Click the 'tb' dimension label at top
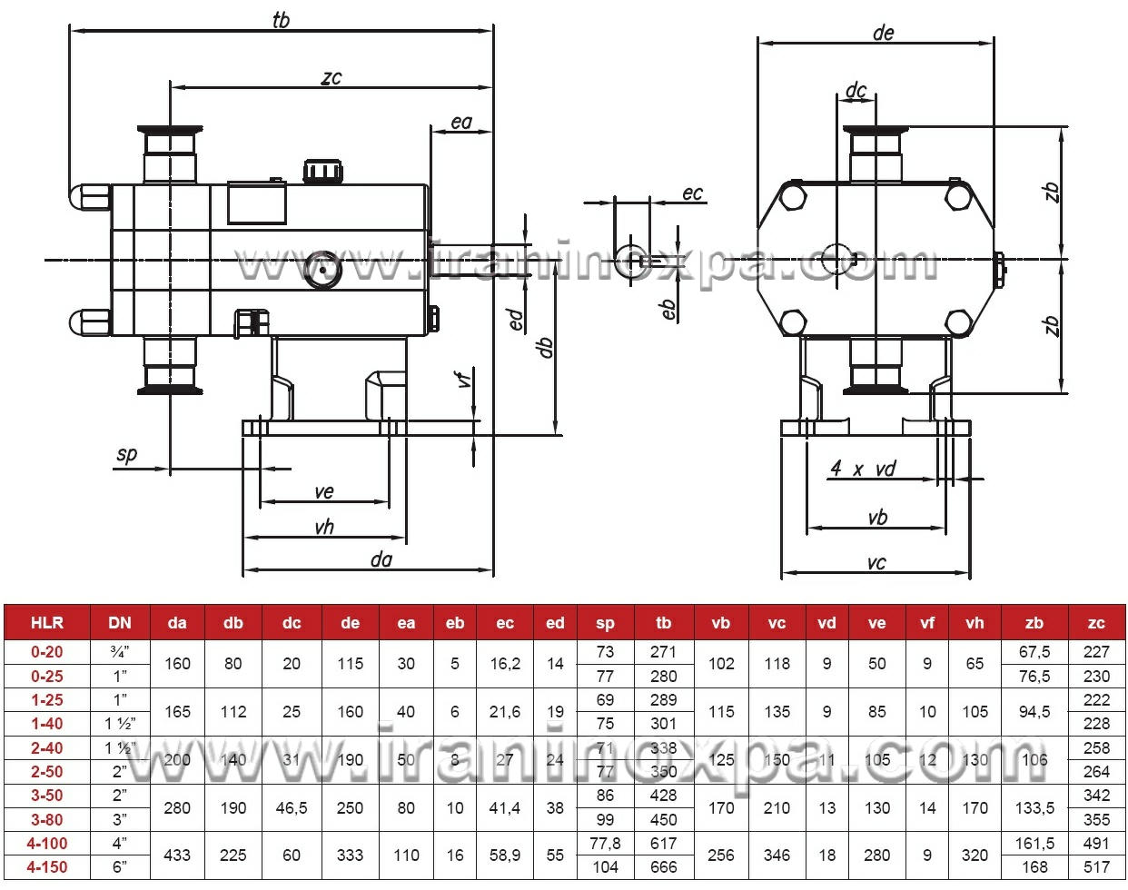[281, 20]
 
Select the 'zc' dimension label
[331, 77]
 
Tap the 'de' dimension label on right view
[883, 33]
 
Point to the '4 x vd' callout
[863, 469]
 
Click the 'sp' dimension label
[127, 454]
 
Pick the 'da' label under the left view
[381, 559]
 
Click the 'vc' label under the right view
[876, 562]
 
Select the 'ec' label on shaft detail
[692, 193]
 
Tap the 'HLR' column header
[47, 623]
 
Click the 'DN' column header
[120, 623]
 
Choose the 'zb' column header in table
[1034, 623]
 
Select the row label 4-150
[47, 867]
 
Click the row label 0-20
[47, 652]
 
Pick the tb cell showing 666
[663, 867]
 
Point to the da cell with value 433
[177, 855]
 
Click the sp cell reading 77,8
[605, 844]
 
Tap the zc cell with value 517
[1096, 867]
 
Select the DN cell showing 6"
[120, 867]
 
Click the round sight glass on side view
[322, 270]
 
